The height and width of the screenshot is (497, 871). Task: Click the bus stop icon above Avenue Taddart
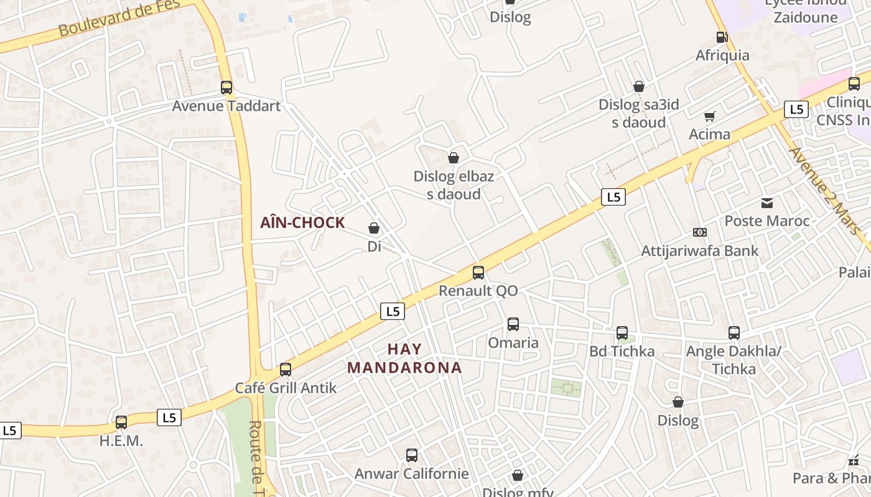click(x=226, y=88)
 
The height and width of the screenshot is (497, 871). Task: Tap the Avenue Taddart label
click(x=226, y=106)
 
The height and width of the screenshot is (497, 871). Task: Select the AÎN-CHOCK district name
click(x=302, y=223)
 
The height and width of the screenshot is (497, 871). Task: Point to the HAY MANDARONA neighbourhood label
click(x=404, y=358)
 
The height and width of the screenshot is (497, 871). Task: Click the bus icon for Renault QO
click(x=478, y=273)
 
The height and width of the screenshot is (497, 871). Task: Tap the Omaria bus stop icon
click(x=513, y=324)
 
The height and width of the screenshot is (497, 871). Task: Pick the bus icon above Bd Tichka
click(x=622, y=333)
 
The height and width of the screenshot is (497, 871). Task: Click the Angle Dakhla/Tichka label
click(x=734, y=360)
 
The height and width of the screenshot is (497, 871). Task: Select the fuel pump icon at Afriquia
click(x=722, y=37)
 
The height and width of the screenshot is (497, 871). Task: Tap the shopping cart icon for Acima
click(x=710, y=116)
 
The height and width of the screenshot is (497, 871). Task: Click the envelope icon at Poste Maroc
click(x=767, y=203)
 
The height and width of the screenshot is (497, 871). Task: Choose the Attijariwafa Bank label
click(x=700, y=251)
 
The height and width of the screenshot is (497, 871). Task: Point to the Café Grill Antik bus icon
click(x=286, y=370)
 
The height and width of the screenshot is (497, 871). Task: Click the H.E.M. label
click(x=121, y=441)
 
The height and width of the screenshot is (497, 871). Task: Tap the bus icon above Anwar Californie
click(x=412, y=455)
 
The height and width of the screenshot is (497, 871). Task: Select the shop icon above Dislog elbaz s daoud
click(x=454, y=158)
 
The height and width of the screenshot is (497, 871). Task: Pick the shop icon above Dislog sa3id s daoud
click(x=639, y=86)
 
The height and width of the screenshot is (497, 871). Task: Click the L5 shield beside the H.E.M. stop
click(x=169, y=417)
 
